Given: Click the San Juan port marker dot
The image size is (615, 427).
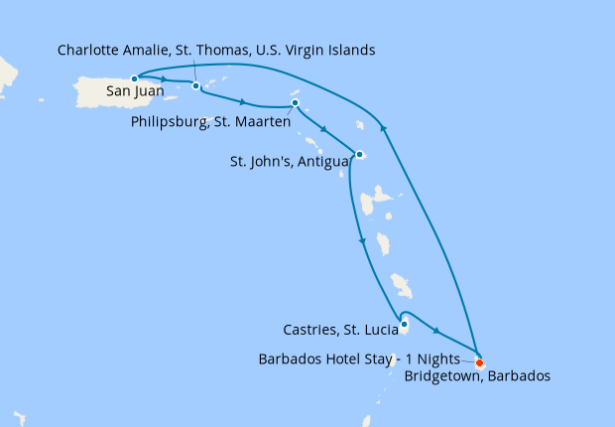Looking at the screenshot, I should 134,77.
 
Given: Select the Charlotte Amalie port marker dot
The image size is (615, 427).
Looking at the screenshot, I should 196,85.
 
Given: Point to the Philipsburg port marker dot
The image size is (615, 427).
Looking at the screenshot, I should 295,103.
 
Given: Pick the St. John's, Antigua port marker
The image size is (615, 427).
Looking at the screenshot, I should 359,154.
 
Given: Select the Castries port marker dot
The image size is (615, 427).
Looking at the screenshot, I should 404,323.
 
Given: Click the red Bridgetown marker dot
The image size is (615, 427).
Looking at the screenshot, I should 480,361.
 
